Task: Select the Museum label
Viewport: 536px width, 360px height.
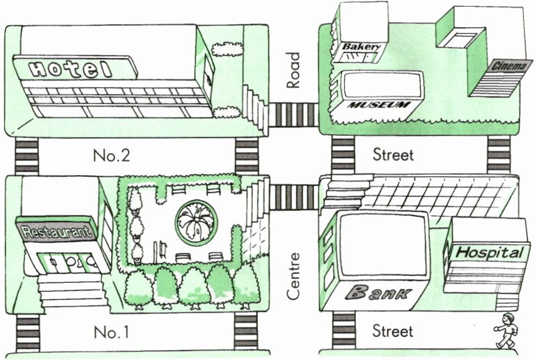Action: pyautogui.click(x=379, y=105)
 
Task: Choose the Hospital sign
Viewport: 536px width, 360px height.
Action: pyautogui.click(x=490, y=252)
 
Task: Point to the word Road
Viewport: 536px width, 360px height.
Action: pyautogui.click(x=293, y=70)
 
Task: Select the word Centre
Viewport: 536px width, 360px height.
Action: pyautogui.click(x=293, y=277)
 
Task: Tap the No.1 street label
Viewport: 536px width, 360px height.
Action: pyautogui.click(x=111, y=331)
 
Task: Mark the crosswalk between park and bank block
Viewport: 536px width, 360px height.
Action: pyautogui.click(x=293, y=197)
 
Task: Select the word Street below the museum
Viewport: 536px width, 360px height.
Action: pyautogui.click(x=393, y=154)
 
